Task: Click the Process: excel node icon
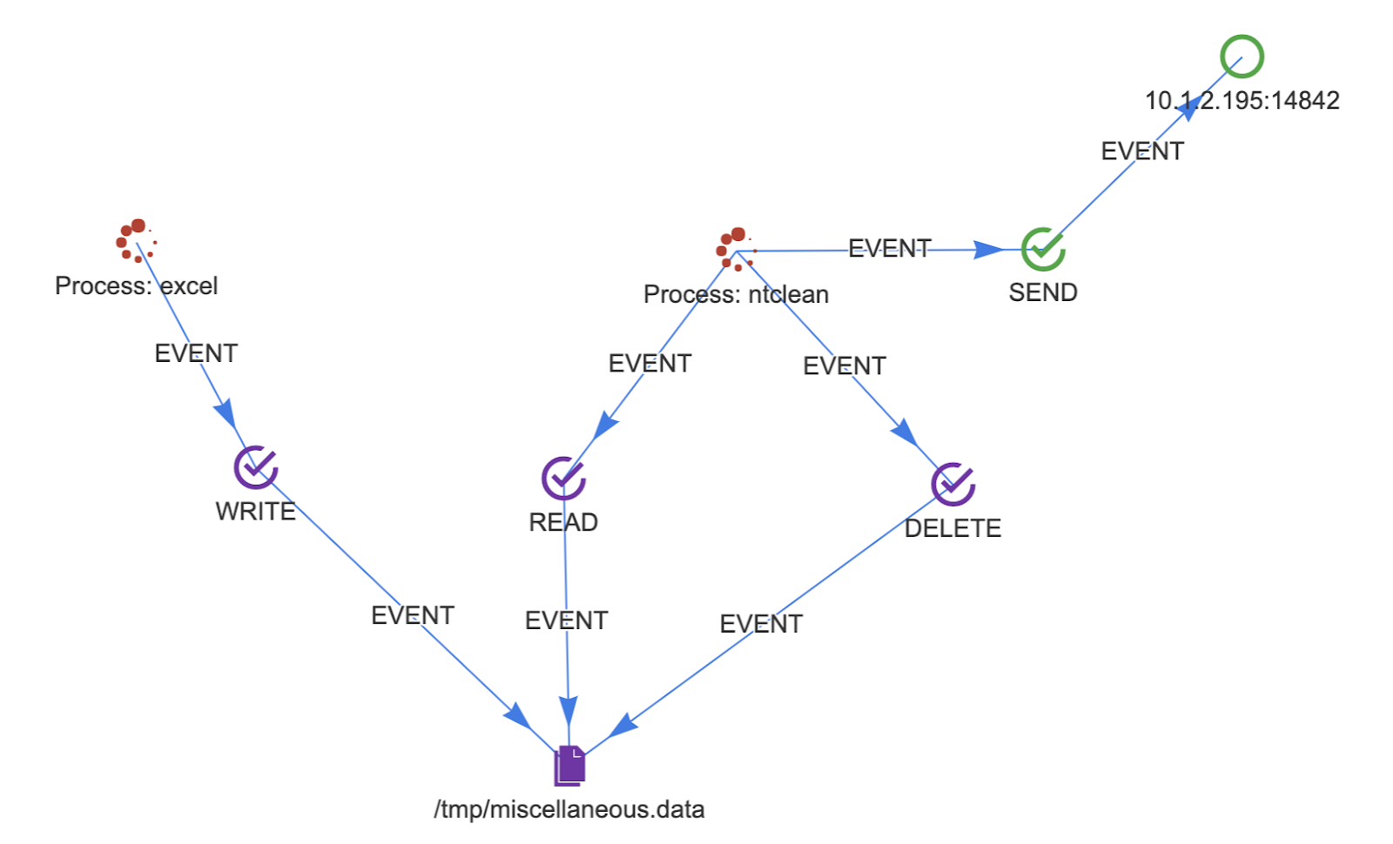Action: pos(136,240)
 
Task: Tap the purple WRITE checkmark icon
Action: pos(256,467)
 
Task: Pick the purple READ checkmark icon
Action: pos(563,478)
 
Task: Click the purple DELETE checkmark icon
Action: pos(952,484)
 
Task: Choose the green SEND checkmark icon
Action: pos(1043,250)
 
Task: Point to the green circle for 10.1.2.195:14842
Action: pos(1242,57)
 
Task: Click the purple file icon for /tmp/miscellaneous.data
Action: pos(569,766)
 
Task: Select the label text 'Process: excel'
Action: pos(136,285)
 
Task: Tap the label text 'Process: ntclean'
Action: pos(736,294)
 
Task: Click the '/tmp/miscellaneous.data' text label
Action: pos(569,809)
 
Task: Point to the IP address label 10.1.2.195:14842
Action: pos(1242,101)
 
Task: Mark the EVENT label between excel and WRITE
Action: pos(196,353)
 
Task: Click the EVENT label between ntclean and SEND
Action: pos(889,249)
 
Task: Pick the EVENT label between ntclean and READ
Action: pos(649,363)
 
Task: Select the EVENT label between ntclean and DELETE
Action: pos(844,365)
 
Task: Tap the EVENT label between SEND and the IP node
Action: pos(1142,151)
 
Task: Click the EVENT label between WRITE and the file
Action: pos(413,615)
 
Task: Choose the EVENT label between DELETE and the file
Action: pos(761,624)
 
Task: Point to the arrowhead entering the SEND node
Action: pos(989,250)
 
